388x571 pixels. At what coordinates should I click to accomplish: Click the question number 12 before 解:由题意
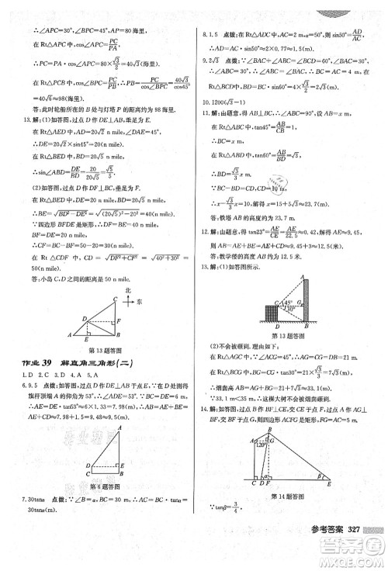coord(206,231)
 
